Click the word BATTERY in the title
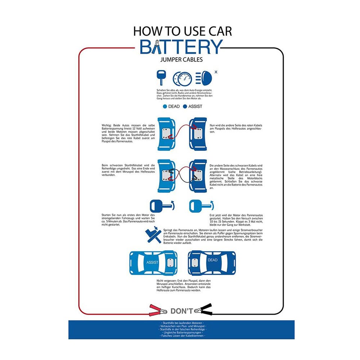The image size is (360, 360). (181, 47)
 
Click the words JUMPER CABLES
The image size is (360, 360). (181, 60)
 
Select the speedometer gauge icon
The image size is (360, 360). (182, 78)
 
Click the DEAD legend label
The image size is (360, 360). (174, 107)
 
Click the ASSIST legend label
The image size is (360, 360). (195, 107)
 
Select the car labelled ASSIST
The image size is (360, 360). (153, 262)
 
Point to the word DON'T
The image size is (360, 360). (182, 311)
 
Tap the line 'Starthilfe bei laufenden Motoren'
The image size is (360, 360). (181, 323)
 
